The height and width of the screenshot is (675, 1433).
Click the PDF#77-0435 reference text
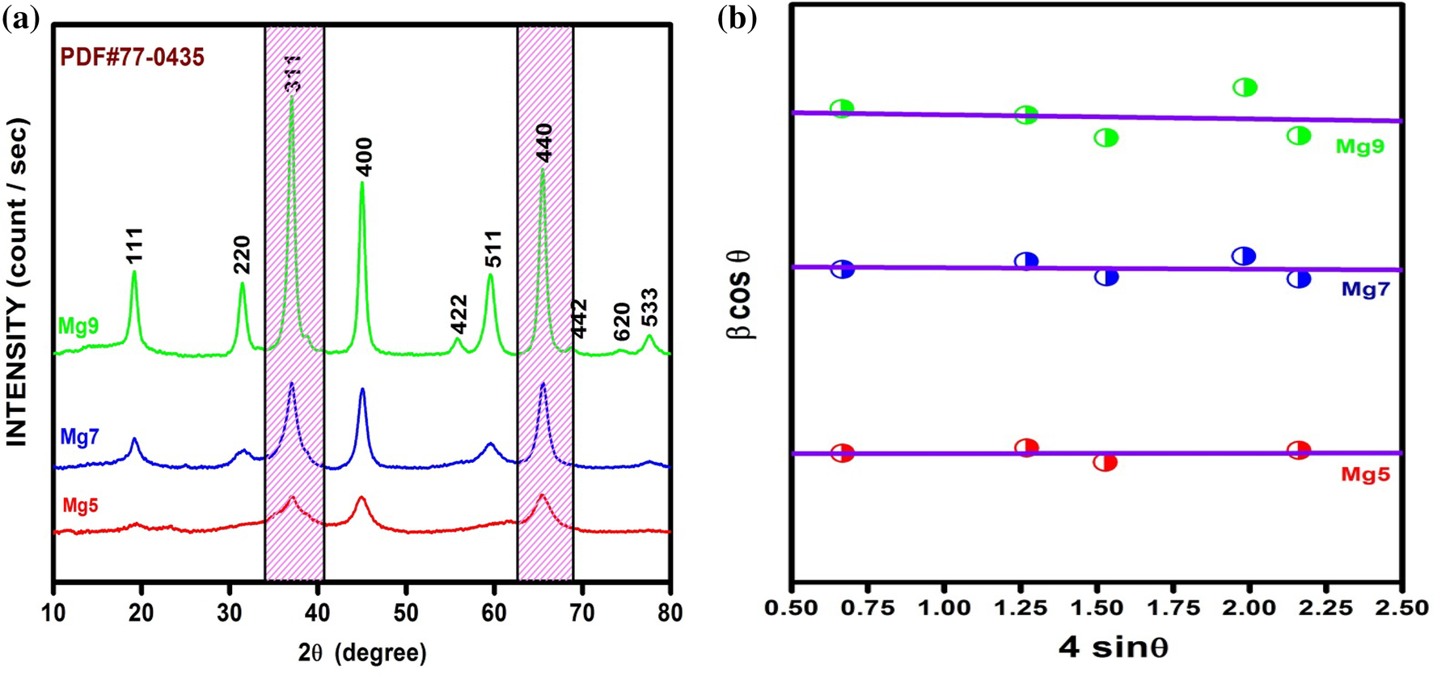132,57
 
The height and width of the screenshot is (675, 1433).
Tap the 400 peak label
364,157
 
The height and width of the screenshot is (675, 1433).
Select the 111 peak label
134,244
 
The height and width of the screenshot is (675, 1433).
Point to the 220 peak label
242,255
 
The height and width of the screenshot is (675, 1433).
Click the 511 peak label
493,248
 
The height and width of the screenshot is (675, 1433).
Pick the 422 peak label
459,314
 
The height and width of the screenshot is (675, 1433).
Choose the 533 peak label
649,308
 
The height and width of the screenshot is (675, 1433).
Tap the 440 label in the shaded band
543,142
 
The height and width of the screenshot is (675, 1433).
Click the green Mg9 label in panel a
78,326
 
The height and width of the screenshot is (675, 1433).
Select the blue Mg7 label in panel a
79,438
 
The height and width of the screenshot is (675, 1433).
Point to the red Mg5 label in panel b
1365,474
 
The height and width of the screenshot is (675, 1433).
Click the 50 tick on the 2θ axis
406,613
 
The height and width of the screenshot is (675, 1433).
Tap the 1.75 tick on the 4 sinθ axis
1173,608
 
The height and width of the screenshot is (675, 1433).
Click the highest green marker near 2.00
1245,87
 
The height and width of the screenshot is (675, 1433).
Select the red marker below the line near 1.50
1105,463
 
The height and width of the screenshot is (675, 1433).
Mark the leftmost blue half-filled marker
843,270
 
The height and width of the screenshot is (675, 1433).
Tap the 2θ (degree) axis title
362,652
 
